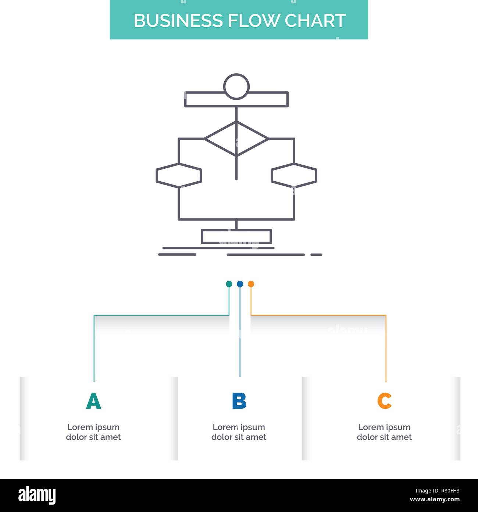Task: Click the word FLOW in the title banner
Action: [x=254, y=21]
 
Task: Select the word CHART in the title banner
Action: [x=315, y=21]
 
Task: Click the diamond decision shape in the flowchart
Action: [x=236, y=139]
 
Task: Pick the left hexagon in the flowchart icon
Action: [x=179, y=175]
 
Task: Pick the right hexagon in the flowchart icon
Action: [x=294, y=175]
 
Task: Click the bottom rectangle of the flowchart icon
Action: [x=236, y=236]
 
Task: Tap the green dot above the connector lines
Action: [x=229, y=284]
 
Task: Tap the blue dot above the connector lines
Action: [x=240, y=284]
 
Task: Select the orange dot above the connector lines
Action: [x=251, y=284]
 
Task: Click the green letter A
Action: [x=93, y=401]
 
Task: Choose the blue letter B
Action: [x=239, y=401]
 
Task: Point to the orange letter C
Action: [x=384, y=401]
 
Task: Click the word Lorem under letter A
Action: [x=80, y=427]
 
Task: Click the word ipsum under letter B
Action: [x=253, y=428]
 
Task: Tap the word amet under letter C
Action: [x=401, y=437]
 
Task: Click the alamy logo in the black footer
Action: [x=37, y=495]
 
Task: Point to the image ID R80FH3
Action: [x=437, y=491]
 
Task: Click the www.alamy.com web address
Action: [x=435, y=500]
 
